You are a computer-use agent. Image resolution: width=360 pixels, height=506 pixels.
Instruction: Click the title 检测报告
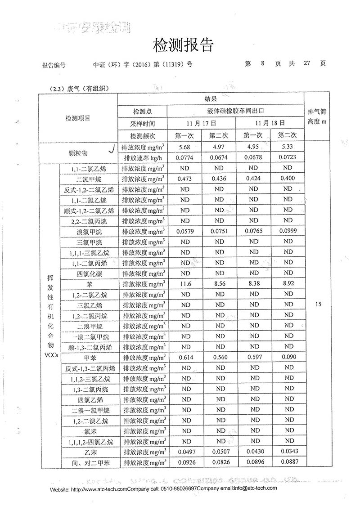pyautogui.click(x=182, y=45)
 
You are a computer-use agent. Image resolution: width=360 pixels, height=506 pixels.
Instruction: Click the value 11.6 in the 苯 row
pyautogui.click(x=185, y=284)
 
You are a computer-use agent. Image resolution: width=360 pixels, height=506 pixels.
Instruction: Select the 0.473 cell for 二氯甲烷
pyautogui.click(x=185, y=179)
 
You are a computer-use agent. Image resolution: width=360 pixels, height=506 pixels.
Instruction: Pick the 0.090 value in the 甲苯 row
pyautogui.click(x=288, y=358)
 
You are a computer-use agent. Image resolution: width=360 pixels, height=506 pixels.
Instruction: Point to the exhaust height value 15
pyautogui.click(x=319, y=304)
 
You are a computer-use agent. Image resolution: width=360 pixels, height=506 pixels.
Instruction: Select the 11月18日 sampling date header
pyautogui.click(x=270, y=122)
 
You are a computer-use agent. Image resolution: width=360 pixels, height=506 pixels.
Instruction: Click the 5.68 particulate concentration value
pyautogui.click(x=185, y=148)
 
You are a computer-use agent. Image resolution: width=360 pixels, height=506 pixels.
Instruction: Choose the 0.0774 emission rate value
pyautogui.click(x=185, y=158)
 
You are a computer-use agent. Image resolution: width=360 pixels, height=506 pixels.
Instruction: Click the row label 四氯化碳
pyautogui.click(x=90, y=273)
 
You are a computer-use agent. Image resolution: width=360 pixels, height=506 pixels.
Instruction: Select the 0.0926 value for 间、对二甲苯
pyautogui.click(x=185, y=462)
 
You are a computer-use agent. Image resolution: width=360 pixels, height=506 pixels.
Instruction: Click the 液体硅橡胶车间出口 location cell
pyautogui.click(x=236, y=110)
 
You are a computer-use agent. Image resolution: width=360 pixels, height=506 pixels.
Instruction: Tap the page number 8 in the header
pyautogui.click(x=262, y=64)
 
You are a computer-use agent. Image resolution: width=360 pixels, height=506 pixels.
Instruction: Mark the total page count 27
pyautogui.click(x=307, y=64)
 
